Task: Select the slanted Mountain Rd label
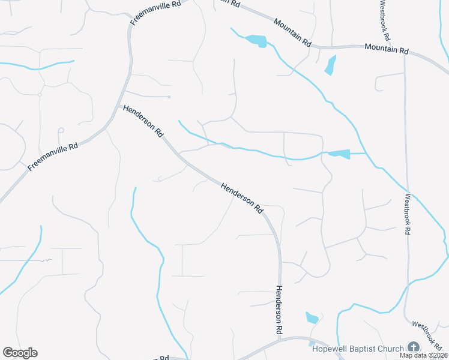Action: (292, 33)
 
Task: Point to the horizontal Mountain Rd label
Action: (387, 49)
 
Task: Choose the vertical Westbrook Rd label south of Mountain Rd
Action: (407, 213)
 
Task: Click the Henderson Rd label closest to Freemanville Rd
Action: (143, 122)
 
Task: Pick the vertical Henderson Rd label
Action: (279, 309)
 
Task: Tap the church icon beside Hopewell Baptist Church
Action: (413, 347)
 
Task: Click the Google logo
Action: (20, 353)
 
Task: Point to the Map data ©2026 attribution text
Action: (423, 355)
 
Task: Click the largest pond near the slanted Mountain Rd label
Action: (256, 41)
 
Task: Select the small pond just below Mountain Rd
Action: (330, 65)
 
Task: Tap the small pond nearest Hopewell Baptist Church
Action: (312, 317)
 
